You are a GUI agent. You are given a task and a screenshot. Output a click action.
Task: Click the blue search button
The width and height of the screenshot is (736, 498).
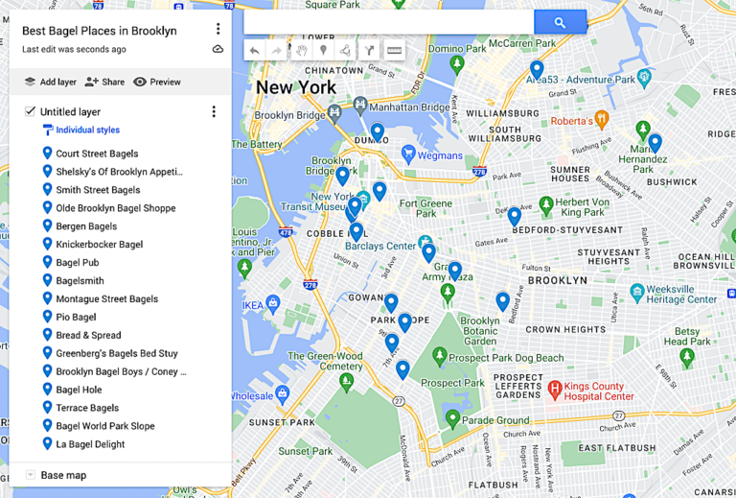[560, 22]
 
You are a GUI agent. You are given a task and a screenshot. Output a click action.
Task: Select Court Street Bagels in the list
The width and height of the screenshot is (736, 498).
[97, 154]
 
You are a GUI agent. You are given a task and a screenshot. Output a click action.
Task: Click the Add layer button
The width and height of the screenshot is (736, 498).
[50, 82]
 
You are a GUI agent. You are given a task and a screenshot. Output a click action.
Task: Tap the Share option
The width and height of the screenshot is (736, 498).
[104, 82]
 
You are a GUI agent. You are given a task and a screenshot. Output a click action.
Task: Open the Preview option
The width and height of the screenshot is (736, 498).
[157, 82]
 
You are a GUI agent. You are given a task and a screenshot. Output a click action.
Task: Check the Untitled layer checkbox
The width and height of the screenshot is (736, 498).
[31, 111]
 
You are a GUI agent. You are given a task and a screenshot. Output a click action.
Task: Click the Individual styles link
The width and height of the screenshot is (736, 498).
[87, 130]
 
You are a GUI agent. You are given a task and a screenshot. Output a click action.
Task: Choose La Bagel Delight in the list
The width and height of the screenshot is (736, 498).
[90, 444]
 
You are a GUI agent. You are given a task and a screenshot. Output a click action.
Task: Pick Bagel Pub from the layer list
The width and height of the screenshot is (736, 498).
[77, 263]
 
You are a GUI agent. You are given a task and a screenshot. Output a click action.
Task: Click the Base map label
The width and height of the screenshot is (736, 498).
[63, 475]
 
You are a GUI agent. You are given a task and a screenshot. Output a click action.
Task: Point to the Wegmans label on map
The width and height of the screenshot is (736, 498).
[440, 155]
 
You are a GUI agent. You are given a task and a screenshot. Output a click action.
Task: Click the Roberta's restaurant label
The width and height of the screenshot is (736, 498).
[571, 121]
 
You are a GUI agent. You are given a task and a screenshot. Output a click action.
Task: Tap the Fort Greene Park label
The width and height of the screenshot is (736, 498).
[425, 208]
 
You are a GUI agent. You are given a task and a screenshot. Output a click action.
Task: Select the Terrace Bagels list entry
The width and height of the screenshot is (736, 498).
[87, 408]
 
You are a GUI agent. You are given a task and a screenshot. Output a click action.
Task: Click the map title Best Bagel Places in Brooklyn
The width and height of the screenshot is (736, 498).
[99, 31]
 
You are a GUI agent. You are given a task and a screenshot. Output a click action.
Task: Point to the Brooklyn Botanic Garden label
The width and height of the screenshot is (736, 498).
[479, 327]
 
